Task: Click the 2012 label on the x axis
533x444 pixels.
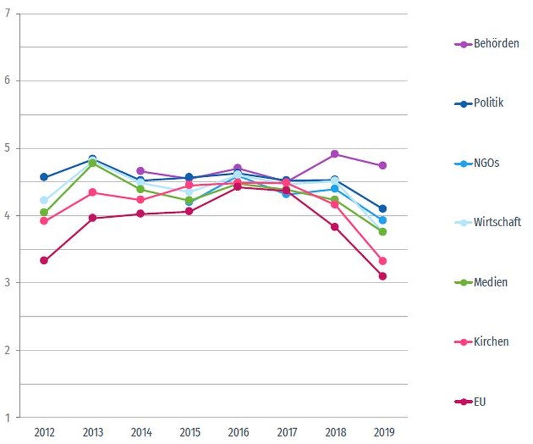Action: click(x=44, y=432)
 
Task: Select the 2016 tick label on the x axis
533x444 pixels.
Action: click(x=237, y=432)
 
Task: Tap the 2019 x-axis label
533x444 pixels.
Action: click(x=383, y=432)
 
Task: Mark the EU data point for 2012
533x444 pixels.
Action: click(x=44, y=261)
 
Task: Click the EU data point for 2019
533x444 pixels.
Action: click(x=383, y=276)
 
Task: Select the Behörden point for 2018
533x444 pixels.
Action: click(x=335, y=154)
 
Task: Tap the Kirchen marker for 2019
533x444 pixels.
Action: click(x=383, y=261)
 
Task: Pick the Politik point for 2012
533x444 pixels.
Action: click(x=44, y=177)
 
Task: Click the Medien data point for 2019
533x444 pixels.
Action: click(x=383, y=232)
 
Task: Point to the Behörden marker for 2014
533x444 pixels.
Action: click(x=140, y=171)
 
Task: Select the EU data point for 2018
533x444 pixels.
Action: click(x=335, y=227)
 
